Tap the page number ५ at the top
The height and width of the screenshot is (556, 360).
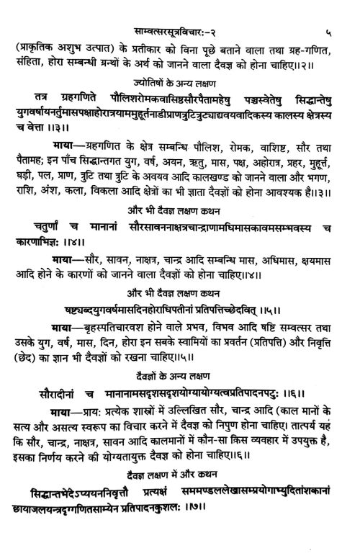click(327, 12)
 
